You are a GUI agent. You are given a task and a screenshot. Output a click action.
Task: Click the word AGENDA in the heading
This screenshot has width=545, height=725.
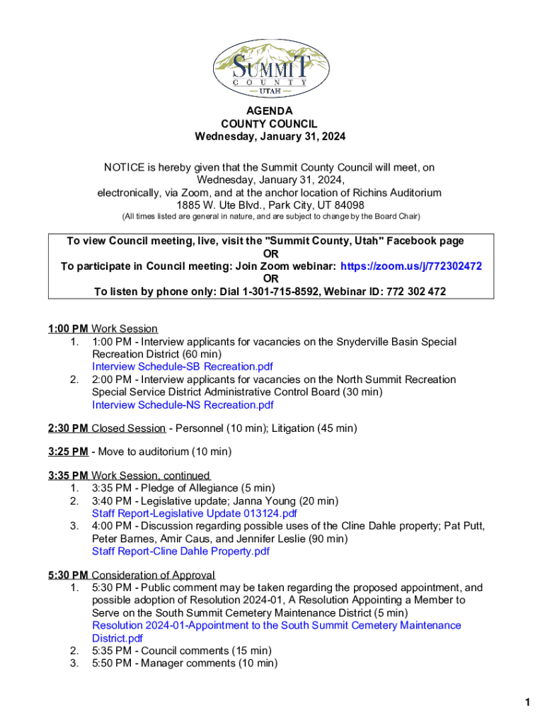pyautogui.click(x=269, y=111)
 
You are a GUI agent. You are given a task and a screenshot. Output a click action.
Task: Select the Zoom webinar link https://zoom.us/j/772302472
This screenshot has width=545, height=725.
pyautogui.click(x=411, y=266)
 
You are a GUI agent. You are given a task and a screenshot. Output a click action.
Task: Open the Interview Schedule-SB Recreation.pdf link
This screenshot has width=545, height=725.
pyautogui.click(x=183, y=367)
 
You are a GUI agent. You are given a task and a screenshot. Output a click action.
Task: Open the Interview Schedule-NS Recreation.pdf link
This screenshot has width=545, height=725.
pyautogui.click(x=183, y=405)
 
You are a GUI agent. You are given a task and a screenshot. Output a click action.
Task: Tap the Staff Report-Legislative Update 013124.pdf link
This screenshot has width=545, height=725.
pyautogui.click(x=194, y=513)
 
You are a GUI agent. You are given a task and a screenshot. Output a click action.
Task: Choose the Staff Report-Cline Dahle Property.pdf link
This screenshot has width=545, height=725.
pyautogui.click(x=180, y=552)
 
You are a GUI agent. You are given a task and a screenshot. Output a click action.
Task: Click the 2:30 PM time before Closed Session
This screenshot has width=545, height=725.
pyautogui.click(x=68, y=428)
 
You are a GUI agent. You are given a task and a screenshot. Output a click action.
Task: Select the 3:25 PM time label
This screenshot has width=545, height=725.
pyautogui.click(x=68, y=451)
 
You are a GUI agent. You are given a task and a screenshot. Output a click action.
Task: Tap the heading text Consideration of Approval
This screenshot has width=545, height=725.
pyautogui.click(x=154, y=575)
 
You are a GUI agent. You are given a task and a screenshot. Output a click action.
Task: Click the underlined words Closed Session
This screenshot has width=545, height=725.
pyautogui.click(x=128, y=428)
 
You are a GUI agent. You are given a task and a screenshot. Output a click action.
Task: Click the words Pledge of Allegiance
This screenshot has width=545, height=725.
pyautogui.click(x=185, y=488)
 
